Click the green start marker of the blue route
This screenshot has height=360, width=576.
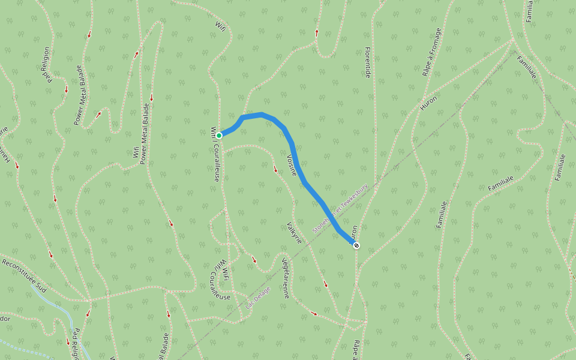[x=219, y=136]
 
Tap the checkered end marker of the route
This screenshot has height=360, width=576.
[x=356, y=245]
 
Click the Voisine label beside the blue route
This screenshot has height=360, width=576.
[x=292, y=165]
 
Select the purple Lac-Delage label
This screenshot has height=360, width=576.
[x=259, y=297]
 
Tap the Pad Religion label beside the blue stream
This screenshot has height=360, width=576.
[x=76, y=343]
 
